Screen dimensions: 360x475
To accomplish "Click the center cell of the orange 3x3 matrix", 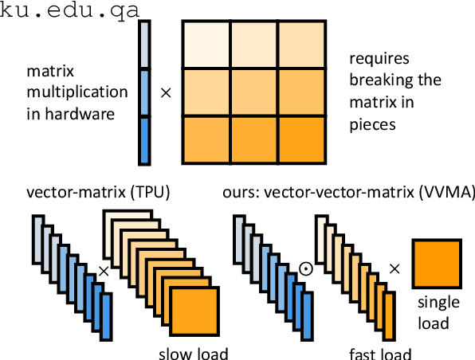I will tap(254, 92).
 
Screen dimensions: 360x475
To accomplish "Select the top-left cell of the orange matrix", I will tap(206, 45).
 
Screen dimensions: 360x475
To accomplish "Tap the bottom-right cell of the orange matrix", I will tap(301, 139).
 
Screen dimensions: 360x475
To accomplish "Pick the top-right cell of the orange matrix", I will tap(301, 45).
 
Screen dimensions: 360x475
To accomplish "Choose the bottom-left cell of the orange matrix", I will tap(206, 139).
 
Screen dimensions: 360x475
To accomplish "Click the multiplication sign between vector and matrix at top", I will tap(166, 92).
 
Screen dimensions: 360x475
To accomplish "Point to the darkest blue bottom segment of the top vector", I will tap(144, 141).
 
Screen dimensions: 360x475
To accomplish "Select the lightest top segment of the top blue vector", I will tap(144, 45).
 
